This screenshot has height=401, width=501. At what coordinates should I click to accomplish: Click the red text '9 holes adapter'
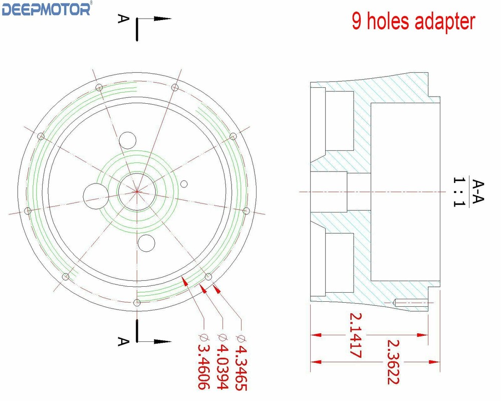[413, 22]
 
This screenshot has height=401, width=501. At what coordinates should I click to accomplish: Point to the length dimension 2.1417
[356, 335]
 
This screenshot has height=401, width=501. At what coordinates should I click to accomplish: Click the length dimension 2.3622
[393, 362]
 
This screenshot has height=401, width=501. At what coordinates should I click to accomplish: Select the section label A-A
[477, 191]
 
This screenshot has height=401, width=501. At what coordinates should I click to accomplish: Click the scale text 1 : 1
[459, 192]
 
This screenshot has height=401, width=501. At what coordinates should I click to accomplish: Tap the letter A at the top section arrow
[123, 19]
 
